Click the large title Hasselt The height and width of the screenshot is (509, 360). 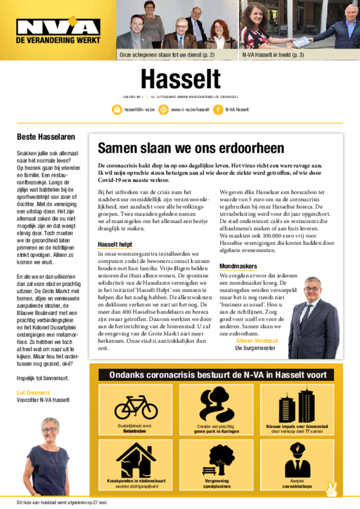point(180,80)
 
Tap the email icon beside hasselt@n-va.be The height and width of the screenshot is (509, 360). point(117,110)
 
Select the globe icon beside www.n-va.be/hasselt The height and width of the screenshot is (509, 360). point(163,110)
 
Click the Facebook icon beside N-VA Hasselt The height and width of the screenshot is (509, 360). point(218,110)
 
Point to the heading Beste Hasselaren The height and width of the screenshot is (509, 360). point(46,137)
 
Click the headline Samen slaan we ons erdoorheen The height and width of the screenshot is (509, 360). point(191,148)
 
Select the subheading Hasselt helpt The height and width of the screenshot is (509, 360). point(115,245)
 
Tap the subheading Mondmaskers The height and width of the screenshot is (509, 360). point(238,266)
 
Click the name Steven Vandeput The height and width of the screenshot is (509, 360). point(257,340)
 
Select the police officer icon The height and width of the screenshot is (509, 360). point(297,460)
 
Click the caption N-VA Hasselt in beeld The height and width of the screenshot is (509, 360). point(273,55)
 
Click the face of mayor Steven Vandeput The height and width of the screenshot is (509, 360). point(312,289)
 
